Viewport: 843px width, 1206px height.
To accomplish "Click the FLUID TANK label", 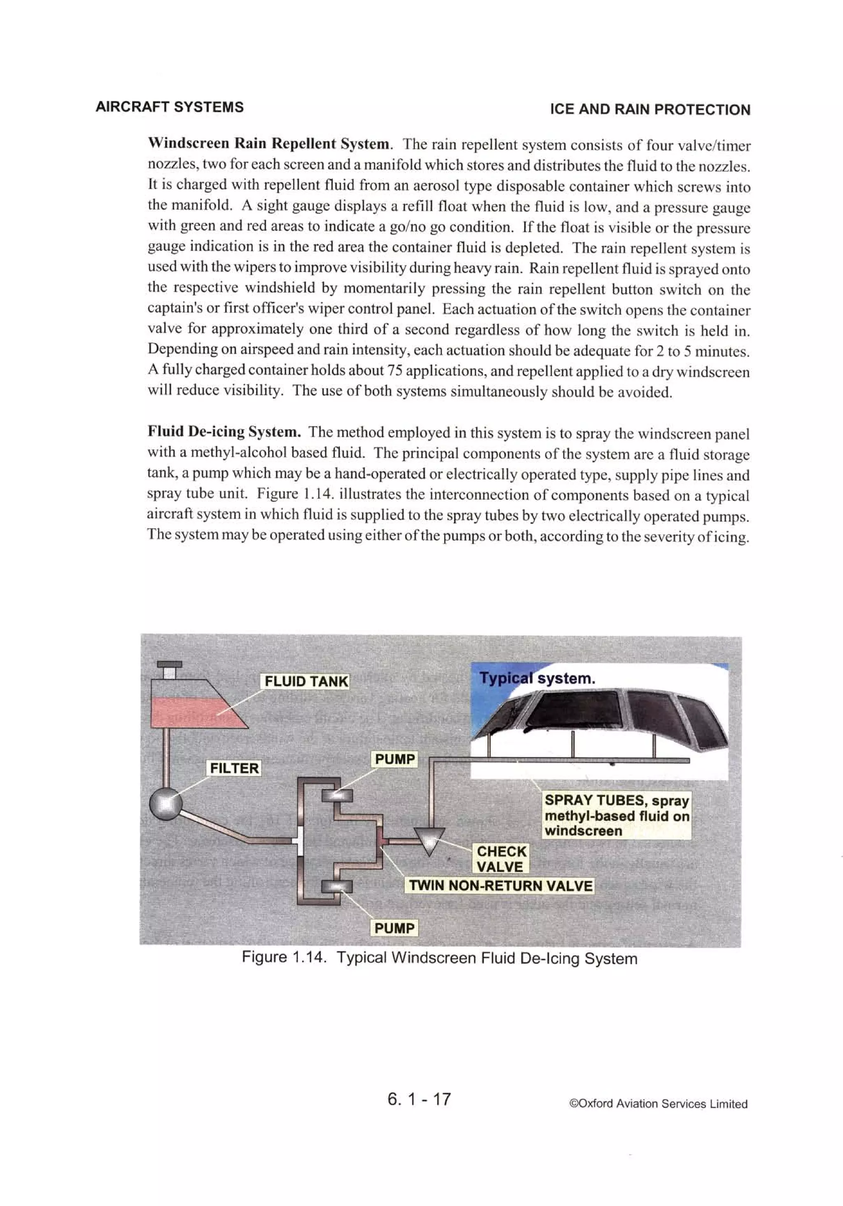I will (x=306, y=681).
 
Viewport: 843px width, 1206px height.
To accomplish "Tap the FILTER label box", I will (x=234, y=768).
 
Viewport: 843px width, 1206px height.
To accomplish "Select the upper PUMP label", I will (x=395, y=759).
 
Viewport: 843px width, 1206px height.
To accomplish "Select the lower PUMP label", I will (x=395, y=928).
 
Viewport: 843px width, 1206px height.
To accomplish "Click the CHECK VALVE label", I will (x=501, y=859).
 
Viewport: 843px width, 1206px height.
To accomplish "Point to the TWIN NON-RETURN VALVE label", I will (x=500, y=885).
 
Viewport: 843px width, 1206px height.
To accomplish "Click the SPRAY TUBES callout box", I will (x=616, y=815).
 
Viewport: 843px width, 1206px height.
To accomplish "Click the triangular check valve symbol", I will (x=429, y=839).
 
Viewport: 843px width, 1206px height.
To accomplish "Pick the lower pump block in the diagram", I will (x=336, y=887).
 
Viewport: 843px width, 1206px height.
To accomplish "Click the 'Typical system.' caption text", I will (x=537, y=678).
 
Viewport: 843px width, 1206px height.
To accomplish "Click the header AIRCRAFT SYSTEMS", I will (x=170, y=107).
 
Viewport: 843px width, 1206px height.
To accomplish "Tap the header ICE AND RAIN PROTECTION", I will (x=650, y=109).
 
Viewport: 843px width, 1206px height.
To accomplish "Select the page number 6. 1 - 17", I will (x=419, y=1099).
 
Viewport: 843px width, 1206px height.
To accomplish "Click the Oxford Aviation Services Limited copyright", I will (x=658, y=1103).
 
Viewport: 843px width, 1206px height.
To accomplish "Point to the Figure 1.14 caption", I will (x=439, y=958).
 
